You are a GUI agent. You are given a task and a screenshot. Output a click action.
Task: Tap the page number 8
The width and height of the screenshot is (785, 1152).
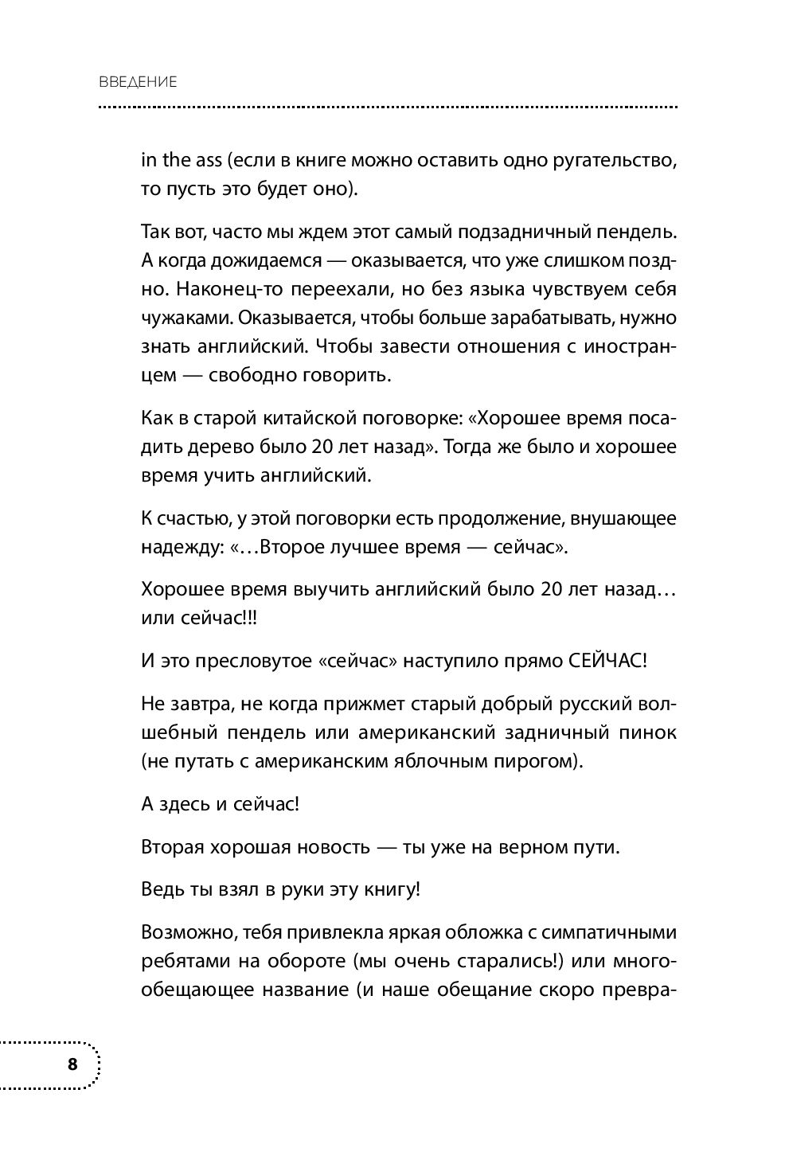click(72, 1064)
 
